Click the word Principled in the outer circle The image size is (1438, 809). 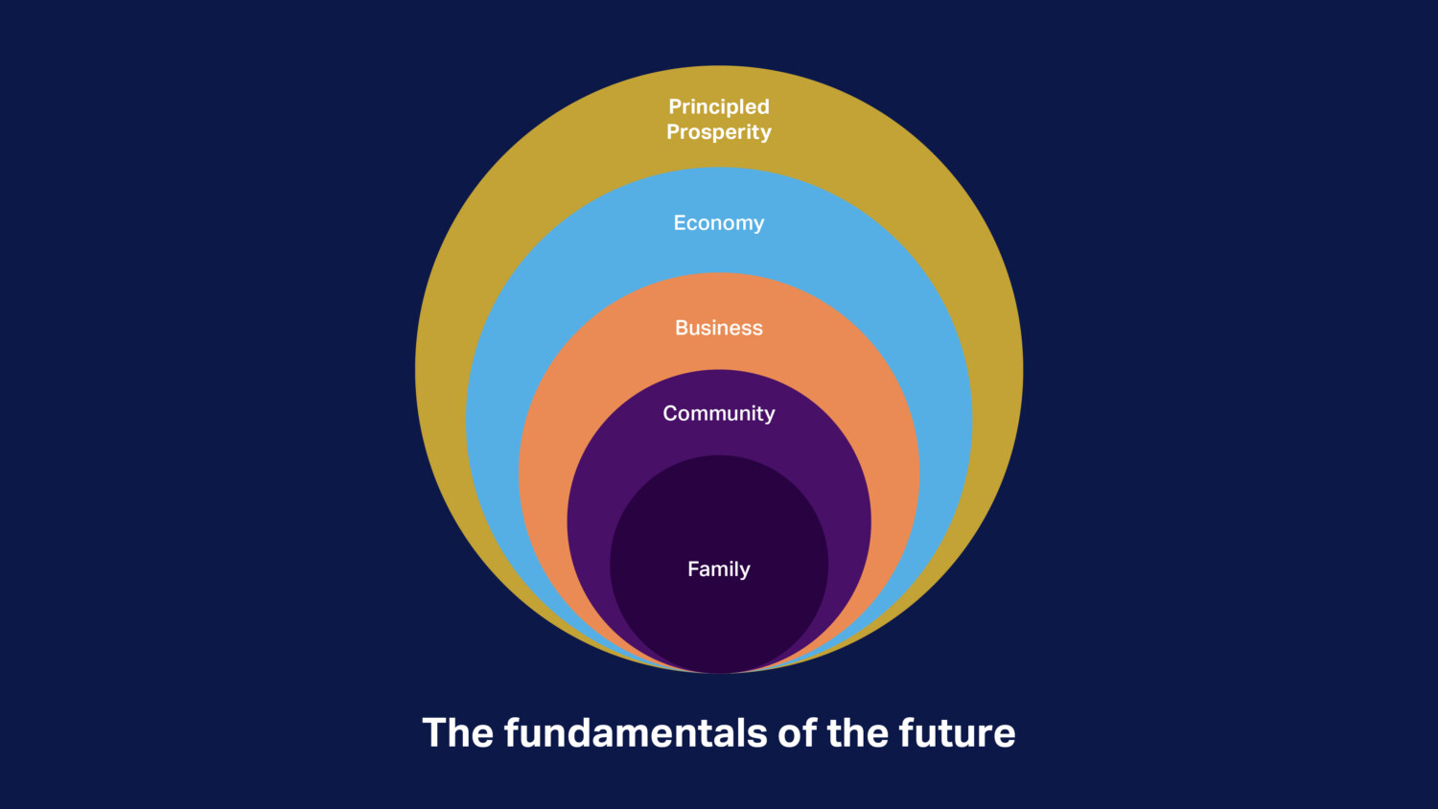(719, 106)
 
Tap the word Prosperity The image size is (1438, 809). (719, 132)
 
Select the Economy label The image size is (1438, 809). (719, 223)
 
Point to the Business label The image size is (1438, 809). (719, 328)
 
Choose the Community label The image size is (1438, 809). (719, 413)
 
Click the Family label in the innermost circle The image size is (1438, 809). (719, 569)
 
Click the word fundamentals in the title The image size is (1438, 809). (636, 733)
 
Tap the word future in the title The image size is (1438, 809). (957, 733)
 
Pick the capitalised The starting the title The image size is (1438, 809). (458, 733)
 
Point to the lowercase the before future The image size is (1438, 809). (857, 733)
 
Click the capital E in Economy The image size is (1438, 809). (680, 223)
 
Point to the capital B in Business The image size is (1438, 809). (682, 328)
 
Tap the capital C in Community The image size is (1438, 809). (670, 413)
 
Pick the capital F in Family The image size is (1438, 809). (693, 568)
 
